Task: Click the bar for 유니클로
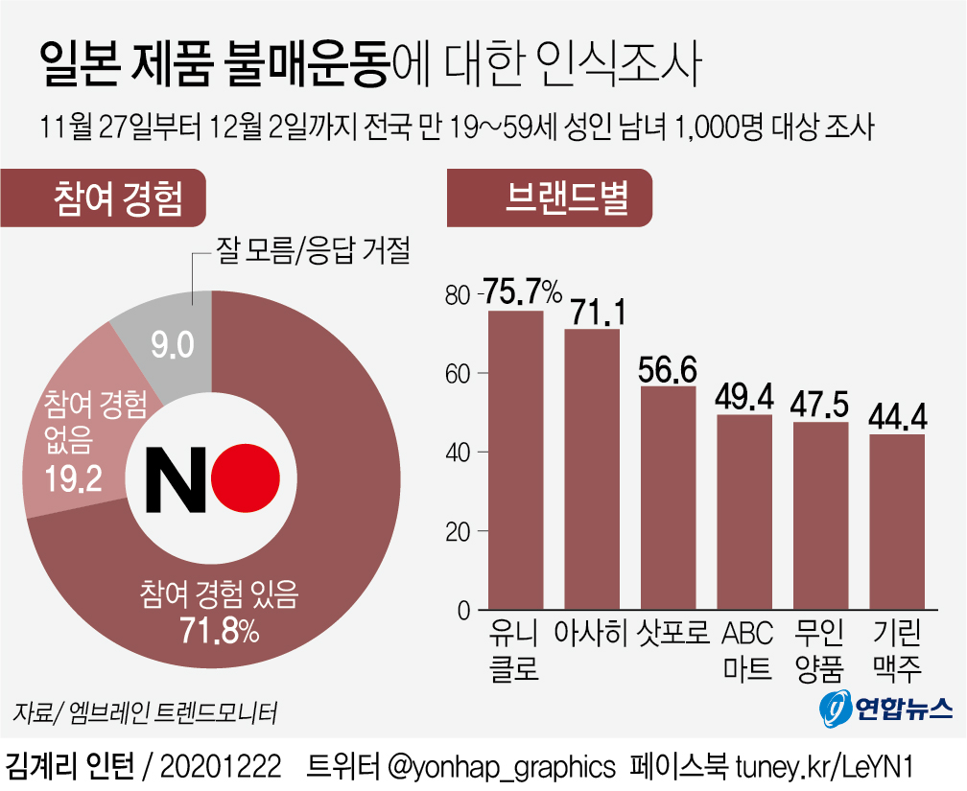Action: coord(515,460)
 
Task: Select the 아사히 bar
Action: coord(592,469)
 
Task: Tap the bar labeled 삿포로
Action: coord(668,498)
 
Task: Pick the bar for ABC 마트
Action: coord(744,512)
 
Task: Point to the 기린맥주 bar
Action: coord(897,522)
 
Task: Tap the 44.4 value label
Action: coord(897,416)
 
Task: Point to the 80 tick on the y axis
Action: coord(460,294)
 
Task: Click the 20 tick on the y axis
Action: coord(460,531)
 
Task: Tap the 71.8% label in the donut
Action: coord(219,632)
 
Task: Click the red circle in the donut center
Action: coord(246,477)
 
